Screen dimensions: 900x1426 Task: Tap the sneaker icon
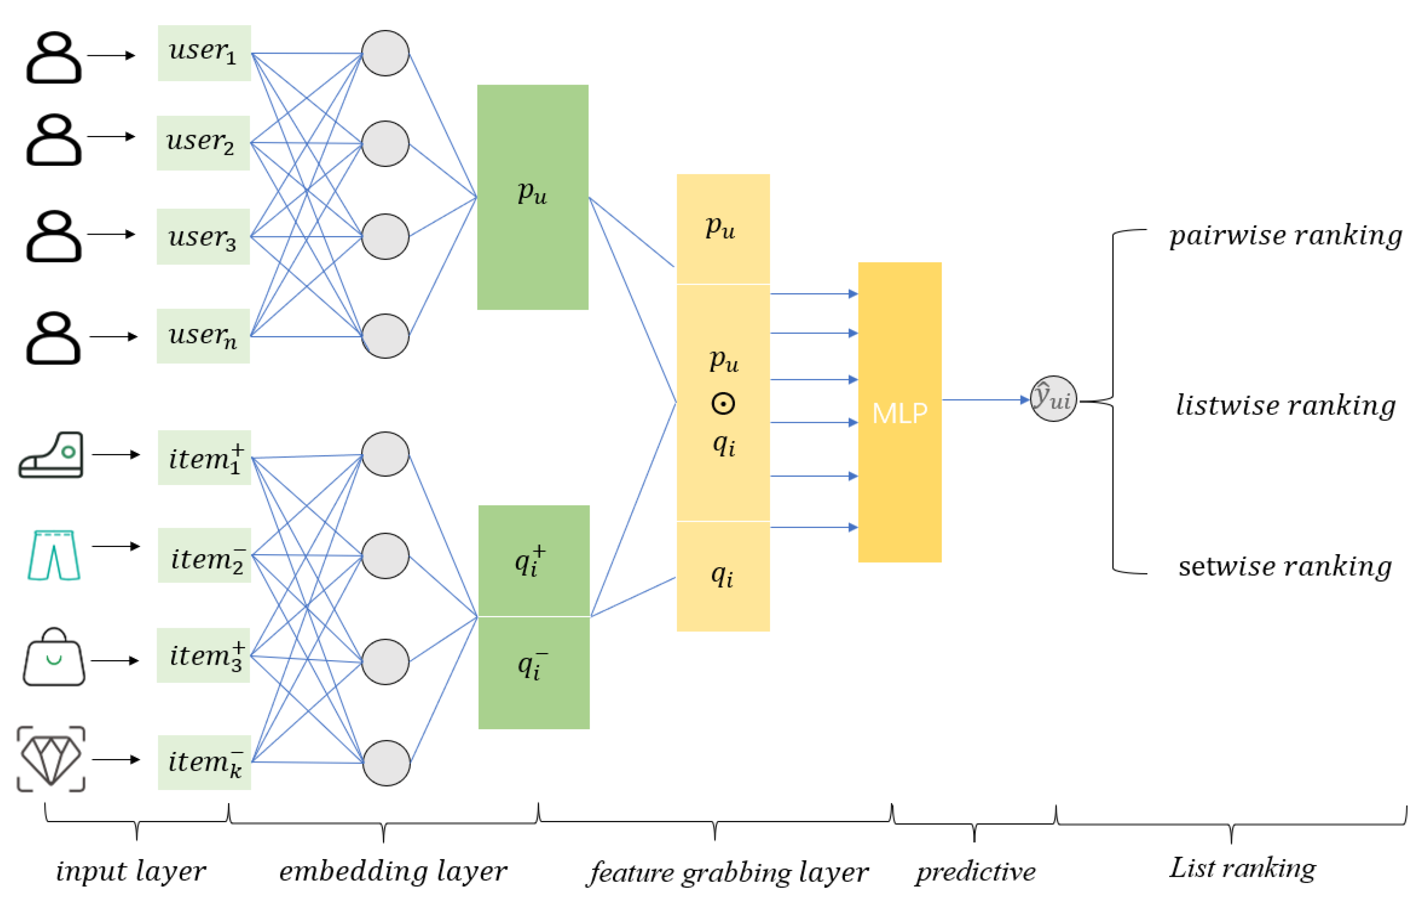point(51,455)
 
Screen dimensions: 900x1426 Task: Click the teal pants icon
point(53,555)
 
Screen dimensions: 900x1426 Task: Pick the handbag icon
point(53,657)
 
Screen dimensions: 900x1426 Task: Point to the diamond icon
point(51,759)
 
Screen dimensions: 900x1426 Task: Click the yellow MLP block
point(899,412)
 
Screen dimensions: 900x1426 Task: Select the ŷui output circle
point(1053,398)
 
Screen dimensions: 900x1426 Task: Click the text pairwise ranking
point(1285,236)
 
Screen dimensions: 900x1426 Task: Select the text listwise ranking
point(1285,406)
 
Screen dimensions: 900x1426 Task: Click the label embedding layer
point(393,871)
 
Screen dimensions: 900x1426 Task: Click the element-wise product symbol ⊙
point(723,404)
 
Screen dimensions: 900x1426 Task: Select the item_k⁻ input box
point(204,762)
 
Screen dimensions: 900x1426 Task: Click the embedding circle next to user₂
point(385,143)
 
